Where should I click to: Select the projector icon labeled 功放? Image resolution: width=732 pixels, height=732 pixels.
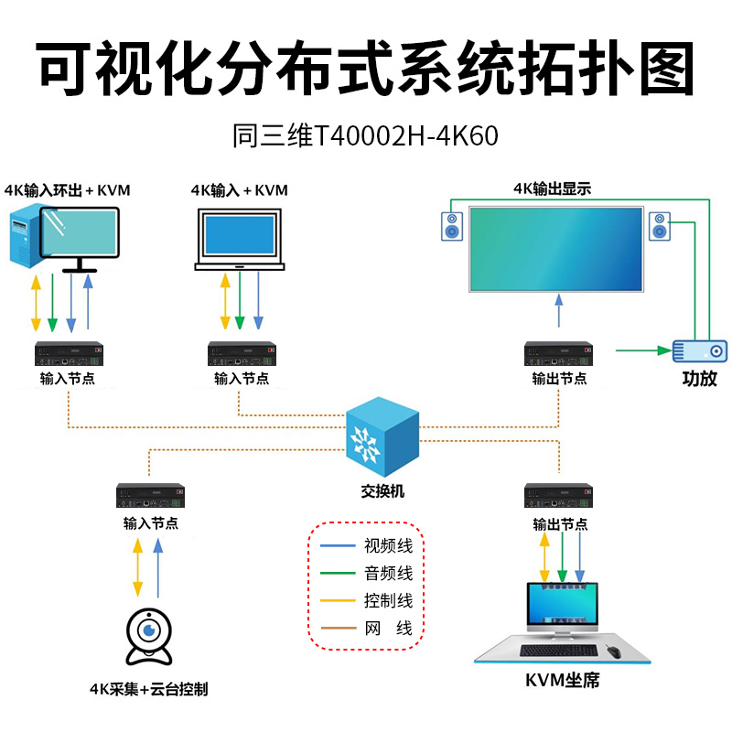[700, 350]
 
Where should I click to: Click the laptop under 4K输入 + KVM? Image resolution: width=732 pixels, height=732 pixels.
[239, 239]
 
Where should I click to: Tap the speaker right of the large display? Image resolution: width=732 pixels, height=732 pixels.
[660, 225]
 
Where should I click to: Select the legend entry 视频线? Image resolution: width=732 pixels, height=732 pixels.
[389, 547]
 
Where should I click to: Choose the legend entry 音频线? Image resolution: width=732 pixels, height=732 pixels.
[389, 574]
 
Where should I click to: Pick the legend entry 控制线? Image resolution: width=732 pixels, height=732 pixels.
[389, 601]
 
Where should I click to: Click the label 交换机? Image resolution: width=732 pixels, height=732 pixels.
[382, 491]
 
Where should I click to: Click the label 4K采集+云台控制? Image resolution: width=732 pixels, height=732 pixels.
[148, 689]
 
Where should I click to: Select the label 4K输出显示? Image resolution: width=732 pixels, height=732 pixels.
[552, 189]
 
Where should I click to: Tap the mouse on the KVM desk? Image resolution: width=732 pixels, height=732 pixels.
[612, 651]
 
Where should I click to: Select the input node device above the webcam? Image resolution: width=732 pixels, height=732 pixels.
[151, 496]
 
